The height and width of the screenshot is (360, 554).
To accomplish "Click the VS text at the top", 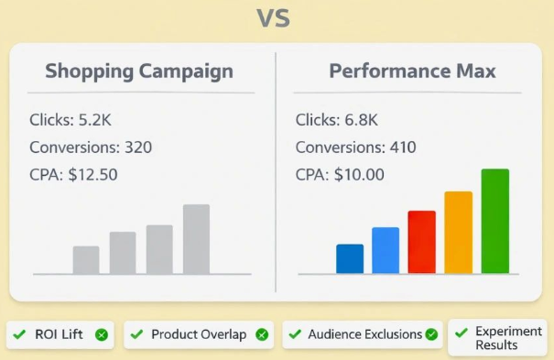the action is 274,18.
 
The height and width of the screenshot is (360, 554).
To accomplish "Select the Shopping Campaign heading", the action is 139,71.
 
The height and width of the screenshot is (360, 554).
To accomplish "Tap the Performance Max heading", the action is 412,71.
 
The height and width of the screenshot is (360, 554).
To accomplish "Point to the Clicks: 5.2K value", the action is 71,120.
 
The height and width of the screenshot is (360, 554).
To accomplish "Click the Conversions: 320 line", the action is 91,147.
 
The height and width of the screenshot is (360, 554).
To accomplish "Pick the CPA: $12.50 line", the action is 73,175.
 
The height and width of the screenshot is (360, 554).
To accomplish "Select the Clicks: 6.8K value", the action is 336,120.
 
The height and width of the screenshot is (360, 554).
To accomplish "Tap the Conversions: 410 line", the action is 356,147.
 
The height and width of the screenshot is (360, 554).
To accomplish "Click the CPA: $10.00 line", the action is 340,175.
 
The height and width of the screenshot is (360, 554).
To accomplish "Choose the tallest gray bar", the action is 197,239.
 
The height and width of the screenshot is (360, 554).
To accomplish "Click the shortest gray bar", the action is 86,259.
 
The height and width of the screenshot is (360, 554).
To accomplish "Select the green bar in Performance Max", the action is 495,221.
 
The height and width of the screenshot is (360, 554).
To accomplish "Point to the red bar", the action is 422,242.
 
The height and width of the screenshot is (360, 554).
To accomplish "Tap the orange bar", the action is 459,233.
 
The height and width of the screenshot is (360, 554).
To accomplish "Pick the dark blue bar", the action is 350,258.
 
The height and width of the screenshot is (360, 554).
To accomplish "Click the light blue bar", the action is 386,250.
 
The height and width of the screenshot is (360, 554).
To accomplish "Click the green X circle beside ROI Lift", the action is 102,334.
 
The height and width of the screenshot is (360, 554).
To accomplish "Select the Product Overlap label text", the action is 199,334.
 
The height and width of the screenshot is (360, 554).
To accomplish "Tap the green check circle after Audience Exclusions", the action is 431,334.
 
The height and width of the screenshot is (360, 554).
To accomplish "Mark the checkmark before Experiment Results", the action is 462,333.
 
